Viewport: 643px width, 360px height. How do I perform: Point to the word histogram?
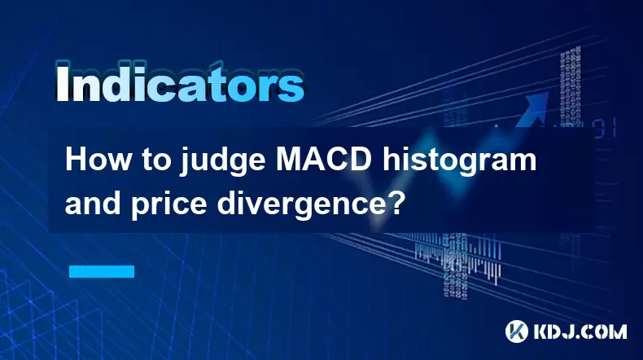(x=460, y=162)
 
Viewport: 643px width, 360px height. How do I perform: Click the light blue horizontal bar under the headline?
(x=102, y=271)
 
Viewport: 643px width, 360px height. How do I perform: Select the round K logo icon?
(x=517, y=331)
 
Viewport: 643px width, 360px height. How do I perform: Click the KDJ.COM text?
(x=580, y=331)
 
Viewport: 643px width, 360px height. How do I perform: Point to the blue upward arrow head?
(x=537, y=102)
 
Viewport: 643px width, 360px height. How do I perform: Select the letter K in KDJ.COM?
(x=542, y=331)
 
